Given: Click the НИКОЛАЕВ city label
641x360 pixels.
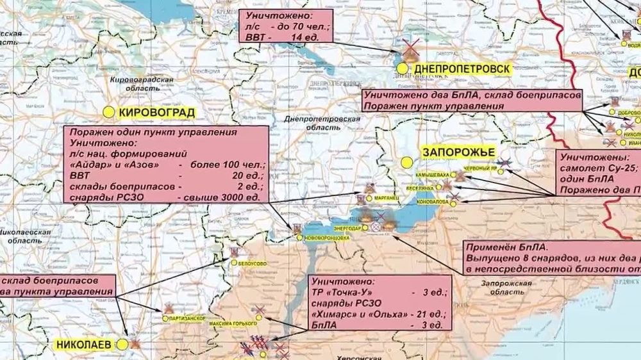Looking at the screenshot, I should [x=83, y=344].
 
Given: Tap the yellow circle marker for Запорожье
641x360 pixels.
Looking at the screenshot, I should [x=406, y=163].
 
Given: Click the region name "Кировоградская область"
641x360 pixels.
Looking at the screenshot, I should [x=142, y=84].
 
